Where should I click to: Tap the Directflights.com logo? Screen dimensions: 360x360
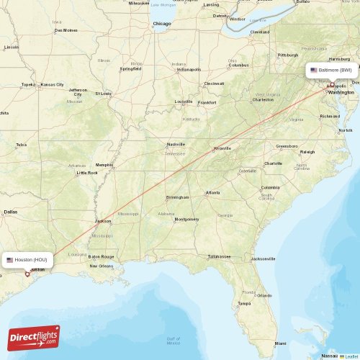click(34, 338)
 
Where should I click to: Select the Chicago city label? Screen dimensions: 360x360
click(162, 24)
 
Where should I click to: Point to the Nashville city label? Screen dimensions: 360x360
click(176, 144)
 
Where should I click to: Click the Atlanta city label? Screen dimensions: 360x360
click(212, 192)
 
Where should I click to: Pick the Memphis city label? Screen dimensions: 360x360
click(105, 164)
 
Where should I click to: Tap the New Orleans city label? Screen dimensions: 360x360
click(102, 266)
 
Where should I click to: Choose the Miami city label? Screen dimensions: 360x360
click(280, 343)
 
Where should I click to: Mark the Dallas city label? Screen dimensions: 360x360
click(10, 212)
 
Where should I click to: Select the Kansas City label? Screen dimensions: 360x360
click(52, 84)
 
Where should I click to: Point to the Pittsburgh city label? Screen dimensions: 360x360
click(288, 55)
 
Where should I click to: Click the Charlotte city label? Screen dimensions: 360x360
click(273, 163)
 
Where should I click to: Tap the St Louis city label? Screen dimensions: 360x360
click(103, 93)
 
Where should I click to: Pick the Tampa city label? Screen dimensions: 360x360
click(244, 303)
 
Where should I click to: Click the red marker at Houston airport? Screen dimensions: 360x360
click(27, 274)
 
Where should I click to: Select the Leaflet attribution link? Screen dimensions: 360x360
click(351, 356)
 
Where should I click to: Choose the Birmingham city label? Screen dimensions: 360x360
click(177, 197)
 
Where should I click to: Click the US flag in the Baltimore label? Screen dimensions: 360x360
click(314, 70)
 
